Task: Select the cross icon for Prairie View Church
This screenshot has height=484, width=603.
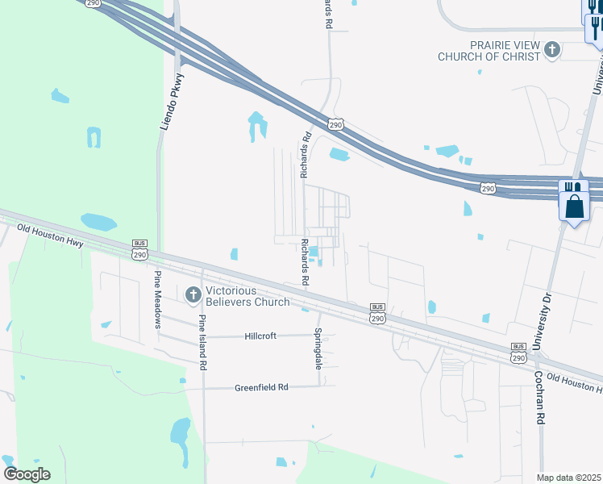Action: coord(552,50)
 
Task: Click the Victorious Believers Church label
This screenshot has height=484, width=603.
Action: coord(247,296)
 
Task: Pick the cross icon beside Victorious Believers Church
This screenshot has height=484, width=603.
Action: coord(193,296)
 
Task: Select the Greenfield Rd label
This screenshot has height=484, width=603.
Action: coord(261,387)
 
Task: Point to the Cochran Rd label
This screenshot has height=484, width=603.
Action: coord(541,398)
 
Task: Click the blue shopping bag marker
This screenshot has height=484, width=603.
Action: coord(574,206)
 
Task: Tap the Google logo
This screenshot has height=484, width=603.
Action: coord(27,474)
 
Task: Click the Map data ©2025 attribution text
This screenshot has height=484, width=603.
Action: coord(568,478)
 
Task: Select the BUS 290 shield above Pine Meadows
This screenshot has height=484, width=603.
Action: coord(140,250)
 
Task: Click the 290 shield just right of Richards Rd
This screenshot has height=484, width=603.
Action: coord(336,123)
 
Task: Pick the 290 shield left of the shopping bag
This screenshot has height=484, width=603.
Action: coord(488,187)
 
